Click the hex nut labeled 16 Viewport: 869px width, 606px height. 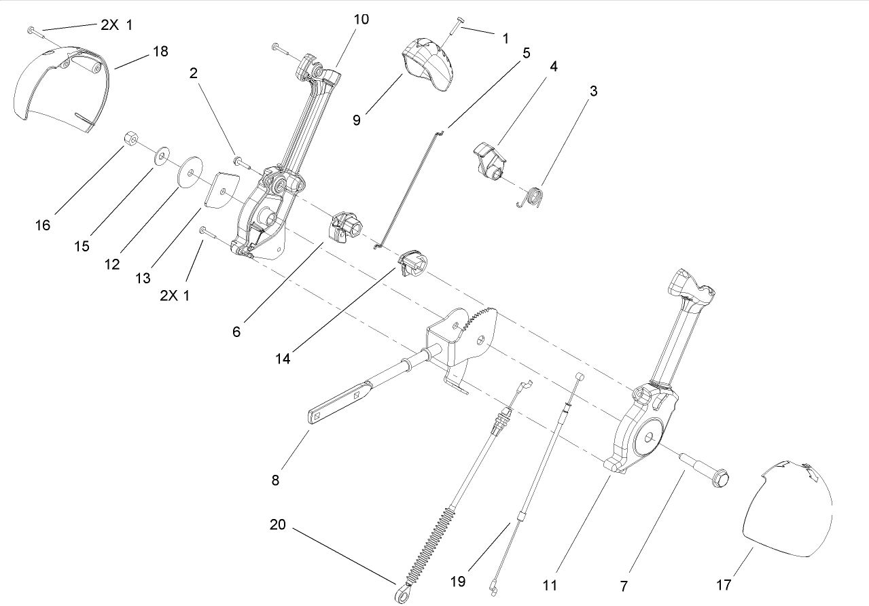pos(130,139)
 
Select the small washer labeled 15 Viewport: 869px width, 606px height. pos(161,156)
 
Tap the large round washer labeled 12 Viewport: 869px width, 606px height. pos(190,171)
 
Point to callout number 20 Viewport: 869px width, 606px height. pos(278,524)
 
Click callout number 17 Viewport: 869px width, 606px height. pos(724,585)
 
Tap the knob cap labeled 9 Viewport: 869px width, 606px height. pos(428,65)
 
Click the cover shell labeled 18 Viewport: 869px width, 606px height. pos(60,87)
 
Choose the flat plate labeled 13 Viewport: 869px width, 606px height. pos(222,190)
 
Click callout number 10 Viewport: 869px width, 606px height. pos(361,19)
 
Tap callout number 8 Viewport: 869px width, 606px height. pos(275,480)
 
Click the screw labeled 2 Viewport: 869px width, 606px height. pos(245,162)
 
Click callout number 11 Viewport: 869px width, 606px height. pos(550,585)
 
